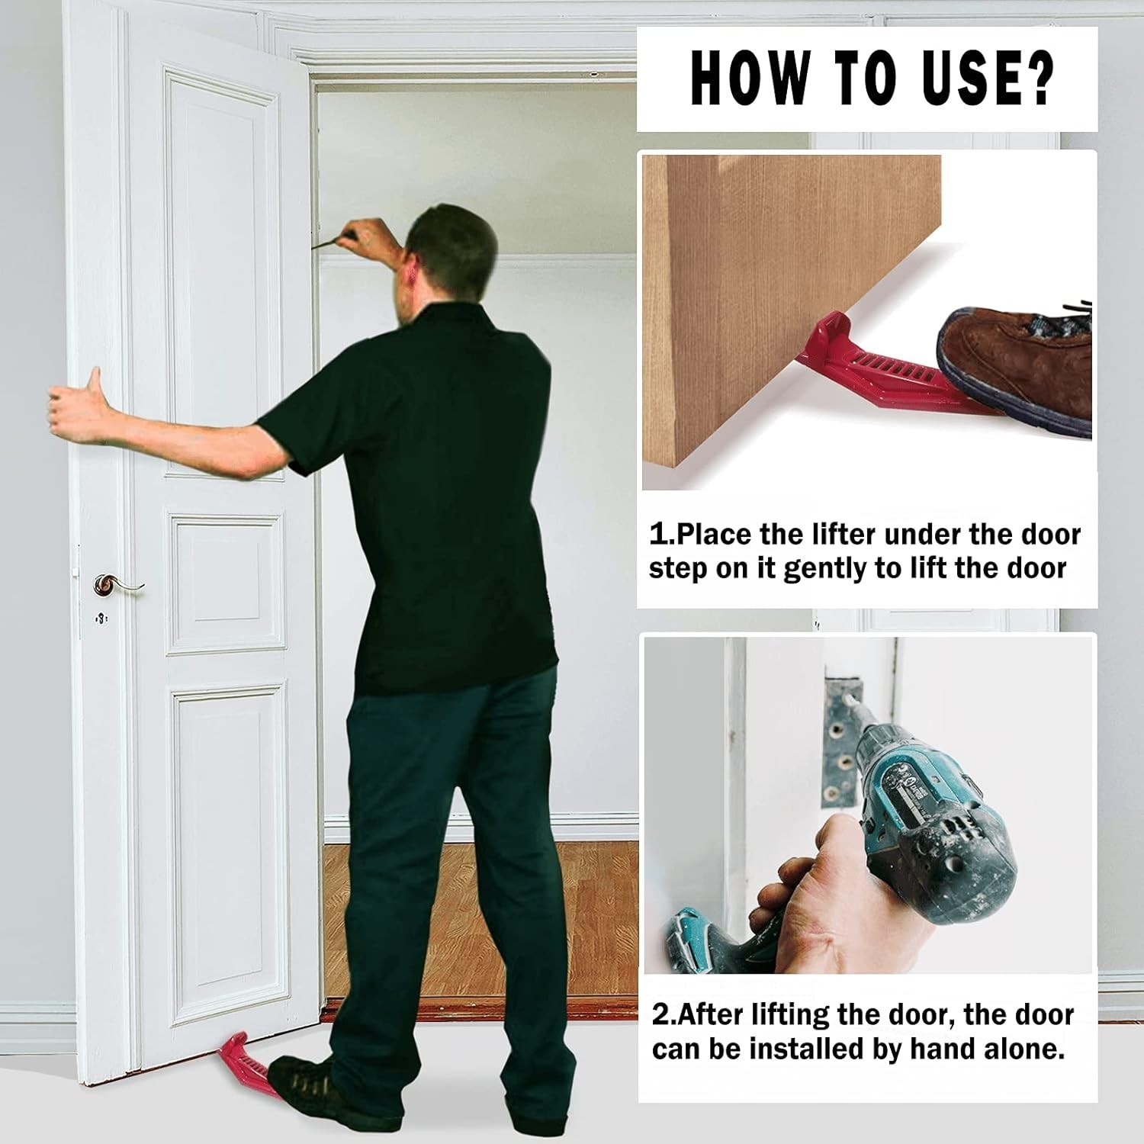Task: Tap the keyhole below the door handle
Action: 101,618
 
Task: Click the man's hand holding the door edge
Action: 76,404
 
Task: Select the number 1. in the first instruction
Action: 660,535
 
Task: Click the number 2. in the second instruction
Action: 664,1015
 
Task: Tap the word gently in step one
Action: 827,570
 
